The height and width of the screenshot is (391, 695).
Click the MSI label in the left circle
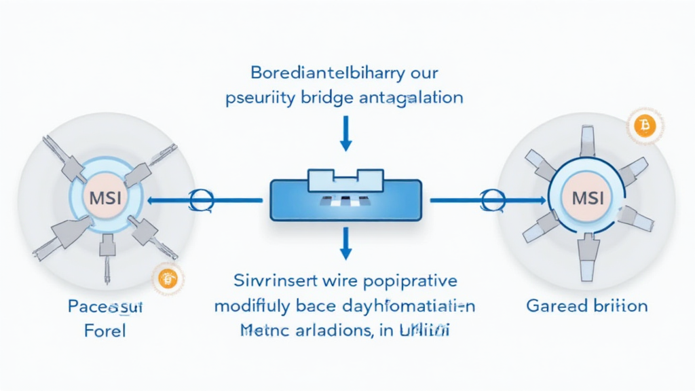[105, 200]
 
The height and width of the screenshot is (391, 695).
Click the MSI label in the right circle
[587, 200]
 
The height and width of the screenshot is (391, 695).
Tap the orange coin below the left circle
[166, 276]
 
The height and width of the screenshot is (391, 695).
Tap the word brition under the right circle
[619, 305]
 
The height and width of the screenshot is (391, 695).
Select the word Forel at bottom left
[105, 333]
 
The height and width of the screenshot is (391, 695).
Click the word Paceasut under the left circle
[106, 307]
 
